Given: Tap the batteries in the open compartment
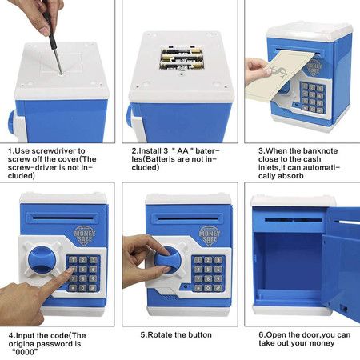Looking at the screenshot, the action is pos(181,59).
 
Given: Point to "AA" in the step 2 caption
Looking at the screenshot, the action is pos(182,150).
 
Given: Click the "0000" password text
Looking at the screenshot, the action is pos(26,352).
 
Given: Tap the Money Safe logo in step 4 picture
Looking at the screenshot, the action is pos(85,236).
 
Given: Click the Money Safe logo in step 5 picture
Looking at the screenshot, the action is pos(210,236).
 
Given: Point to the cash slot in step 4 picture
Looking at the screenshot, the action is pos(63,218).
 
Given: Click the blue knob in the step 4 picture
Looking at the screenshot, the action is pos(42,261).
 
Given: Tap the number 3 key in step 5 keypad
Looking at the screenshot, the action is pos(218,260).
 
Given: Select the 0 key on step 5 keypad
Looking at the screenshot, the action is pos(208,288).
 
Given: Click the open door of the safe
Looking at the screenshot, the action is pos(341,266).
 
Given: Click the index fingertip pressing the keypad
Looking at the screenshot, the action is pos(70,271).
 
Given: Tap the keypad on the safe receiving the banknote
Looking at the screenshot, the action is pos(312,98).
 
